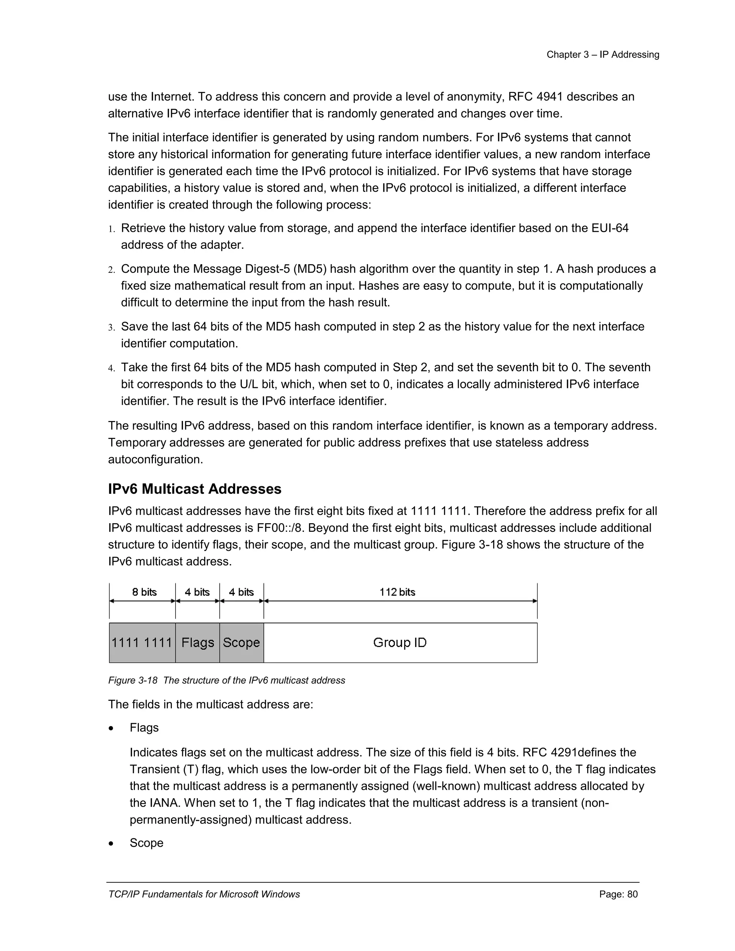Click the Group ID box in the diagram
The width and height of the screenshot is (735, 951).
click(400, 643)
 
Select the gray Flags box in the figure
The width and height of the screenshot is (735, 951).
click(198, 643)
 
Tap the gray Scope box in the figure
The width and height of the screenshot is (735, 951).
click(241, 643)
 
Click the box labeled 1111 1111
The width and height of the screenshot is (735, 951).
click(142, 643)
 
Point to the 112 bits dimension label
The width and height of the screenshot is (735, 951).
click(397, 592)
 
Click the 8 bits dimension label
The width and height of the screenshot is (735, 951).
click(144, 592)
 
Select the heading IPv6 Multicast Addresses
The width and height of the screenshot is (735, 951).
click(195, 489)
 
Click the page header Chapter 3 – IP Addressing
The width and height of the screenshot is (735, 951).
click(603, 55)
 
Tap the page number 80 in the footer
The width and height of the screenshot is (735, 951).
click(632, 894)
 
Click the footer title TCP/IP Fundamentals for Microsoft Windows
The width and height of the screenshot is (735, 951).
click(204, 894)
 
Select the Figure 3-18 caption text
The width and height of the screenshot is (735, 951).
click(226, 680)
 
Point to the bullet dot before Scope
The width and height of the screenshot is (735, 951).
click(112, 843)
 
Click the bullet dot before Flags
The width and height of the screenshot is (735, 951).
click(112, 728)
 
